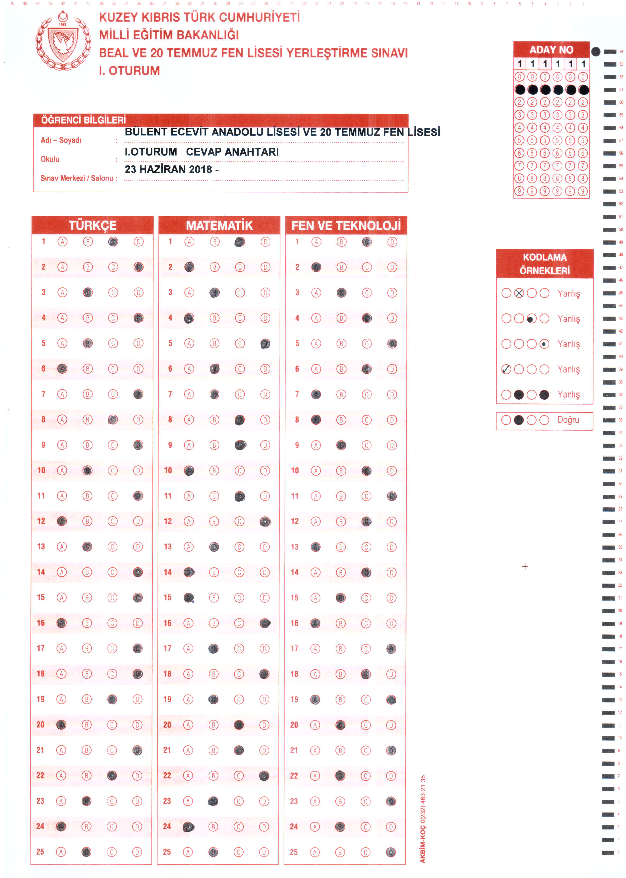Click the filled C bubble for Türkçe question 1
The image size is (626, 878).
coord(113,242)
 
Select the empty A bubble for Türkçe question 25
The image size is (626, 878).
coord(61,852)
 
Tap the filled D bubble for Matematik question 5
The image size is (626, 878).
coord(265,343)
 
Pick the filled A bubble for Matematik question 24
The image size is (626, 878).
coord(188,826)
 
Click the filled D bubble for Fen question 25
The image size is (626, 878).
coord(391,852)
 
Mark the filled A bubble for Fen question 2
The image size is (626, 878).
coord(316,267)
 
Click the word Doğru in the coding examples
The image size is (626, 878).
coord(568,420)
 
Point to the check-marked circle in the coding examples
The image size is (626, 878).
coord(506,369)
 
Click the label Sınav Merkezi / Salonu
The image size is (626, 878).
coord(79,178)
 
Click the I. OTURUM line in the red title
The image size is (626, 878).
coord(129,71)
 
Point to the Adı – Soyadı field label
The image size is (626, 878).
coord(61,140)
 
